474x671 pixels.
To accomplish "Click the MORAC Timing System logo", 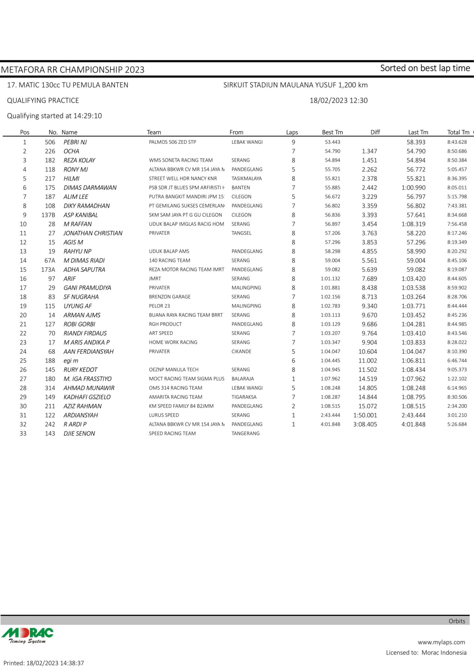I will (27, 636).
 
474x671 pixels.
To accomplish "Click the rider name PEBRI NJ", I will (75, 142).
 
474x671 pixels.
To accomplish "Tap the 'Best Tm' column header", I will (332, 132).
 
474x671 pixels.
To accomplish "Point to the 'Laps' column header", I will (292, 132).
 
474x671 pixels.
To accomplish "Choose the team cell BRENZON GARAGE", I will (170, 297).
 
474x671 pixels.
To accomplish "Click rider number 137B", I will (49, 215).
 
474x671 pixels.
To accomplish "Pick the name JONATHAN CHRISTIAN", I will (93, 233).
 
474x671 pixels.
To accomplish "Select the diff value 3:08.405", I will (365, 424).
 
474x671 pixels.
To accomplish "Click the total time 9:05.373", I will (457, 370).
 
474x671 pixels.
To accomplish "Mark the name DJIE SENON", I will (79, 433).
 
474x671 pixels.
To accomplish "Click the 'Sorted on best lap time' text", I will (425, 68).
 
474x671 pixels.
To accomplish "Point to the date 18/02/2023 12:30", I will (338, 101).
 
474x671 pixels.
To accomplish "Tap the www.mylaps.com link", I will (441, 642).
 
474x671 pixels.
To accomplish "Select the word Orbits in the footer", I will (457, 621).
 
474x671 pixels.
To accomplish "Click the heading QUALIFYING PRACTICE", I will (43, 101).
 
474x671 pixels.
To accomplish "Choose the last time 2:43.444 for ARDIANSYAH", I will (413, 415).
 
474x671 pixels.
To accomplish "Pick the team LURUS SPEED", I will (164, 415).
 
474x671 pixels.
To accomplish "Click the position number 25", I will (23, 361).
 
